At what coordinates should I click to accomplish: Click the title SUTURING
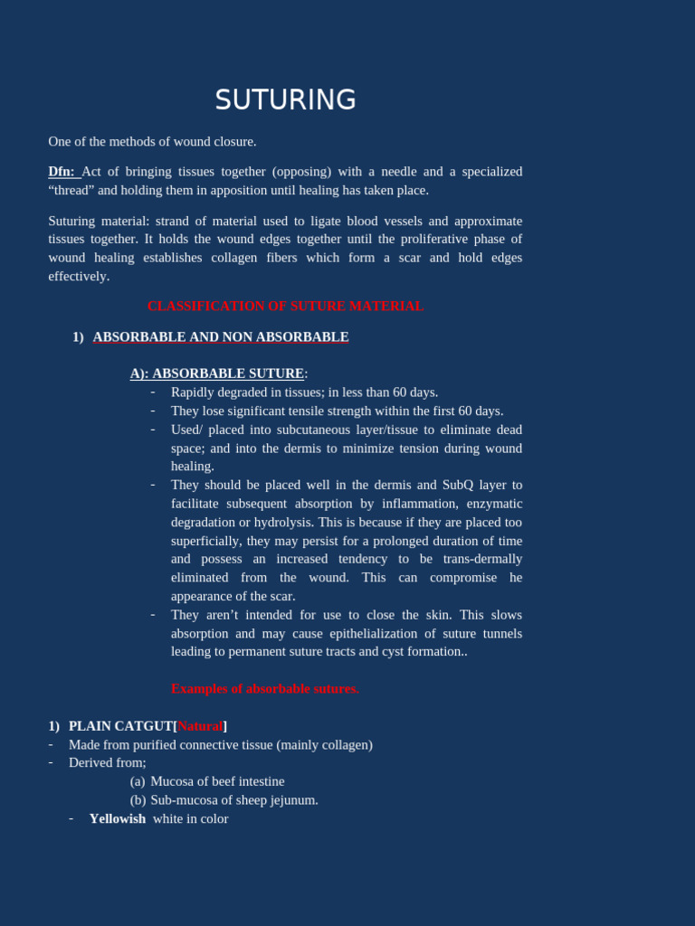point(285,99)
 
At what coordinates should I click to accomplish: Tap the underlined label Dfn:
point(62,172)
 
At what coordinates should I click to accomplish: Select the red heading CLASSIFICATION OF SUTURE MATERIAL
point(285,307)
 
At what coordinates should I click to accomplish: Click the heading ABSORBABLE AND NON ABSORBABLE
point(220,337)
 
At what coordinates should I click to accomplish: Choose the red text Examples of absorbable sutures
point(264,689)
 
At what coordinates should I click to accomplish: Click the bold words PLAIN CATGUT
point(120,726)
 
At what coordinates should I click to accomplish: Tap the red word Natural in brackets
point(200,726)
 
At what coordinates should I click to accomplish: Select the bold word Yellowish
point(117,819)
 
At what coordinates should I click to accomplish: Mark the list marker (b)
point(138,800)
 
